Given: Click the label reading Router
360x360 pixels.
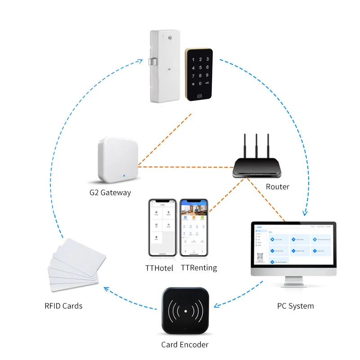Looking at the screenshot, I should [277, 187].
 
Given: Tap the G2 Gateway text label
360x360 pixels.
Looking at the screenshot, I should [110, 193].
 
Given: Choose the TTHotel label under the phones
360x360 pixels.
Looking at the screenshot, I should [161, 268].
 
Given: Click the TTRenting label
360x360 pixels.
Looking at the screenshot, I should [198, 268].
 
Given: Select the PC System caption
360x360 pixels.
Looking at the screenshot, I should [295, 306].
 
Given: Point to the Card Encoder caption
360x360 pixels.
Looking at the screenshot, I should [184, 345].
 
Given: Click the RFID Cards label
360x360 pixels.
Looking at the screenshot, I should [63, 306].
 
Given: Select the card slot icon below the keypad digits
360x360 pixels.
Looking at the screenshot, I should [199, 96].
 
